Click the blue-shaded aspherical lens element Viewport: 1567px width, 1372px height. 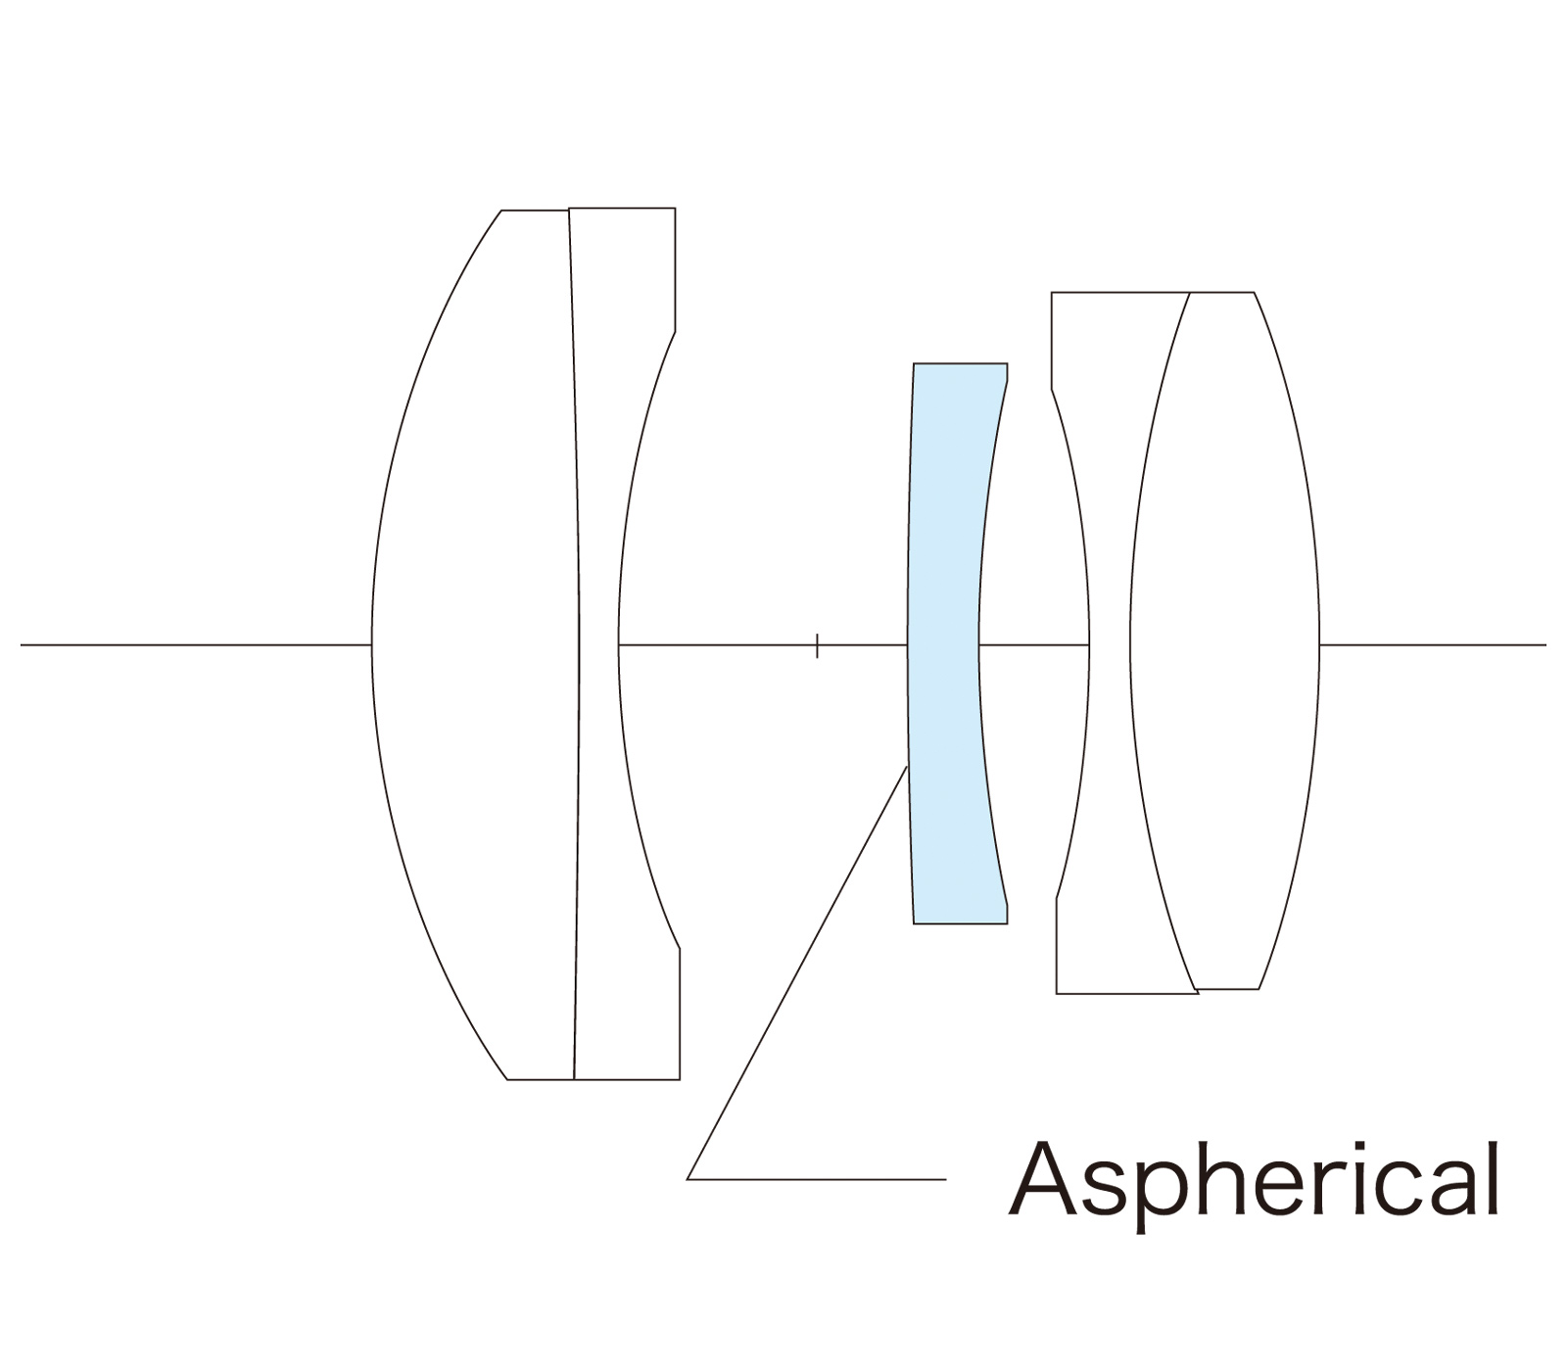click(945, 641)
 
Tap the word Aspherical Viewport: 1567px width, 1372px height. click(1254, 1180)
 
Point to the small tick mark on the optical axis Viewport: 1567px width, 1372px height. click(817, 645)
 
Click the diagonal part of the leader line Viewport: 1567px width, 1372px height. click(798, 970)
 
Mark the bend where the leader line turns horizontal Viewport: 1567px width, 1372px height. click(689, 1179)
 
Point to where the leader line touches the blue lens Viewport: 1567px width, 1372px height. click(908, 766)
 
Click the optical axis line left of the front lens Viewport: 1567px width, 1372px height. click(196, 644)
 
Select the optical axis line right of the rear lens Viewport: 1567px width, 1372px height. click(1430, 644)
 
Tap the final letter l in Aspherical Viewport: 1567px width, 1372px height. click(1493, 1175)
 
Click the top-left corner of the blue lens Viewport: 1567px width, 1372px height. click(914, 364)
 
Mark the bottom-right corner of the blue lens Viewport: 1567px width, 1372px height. click(1007, 923)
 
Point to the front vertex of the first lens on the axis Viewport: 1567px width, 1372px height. click(372, 644)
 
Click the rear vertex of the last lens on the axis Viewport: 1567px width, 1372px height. click(1319, 644)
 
